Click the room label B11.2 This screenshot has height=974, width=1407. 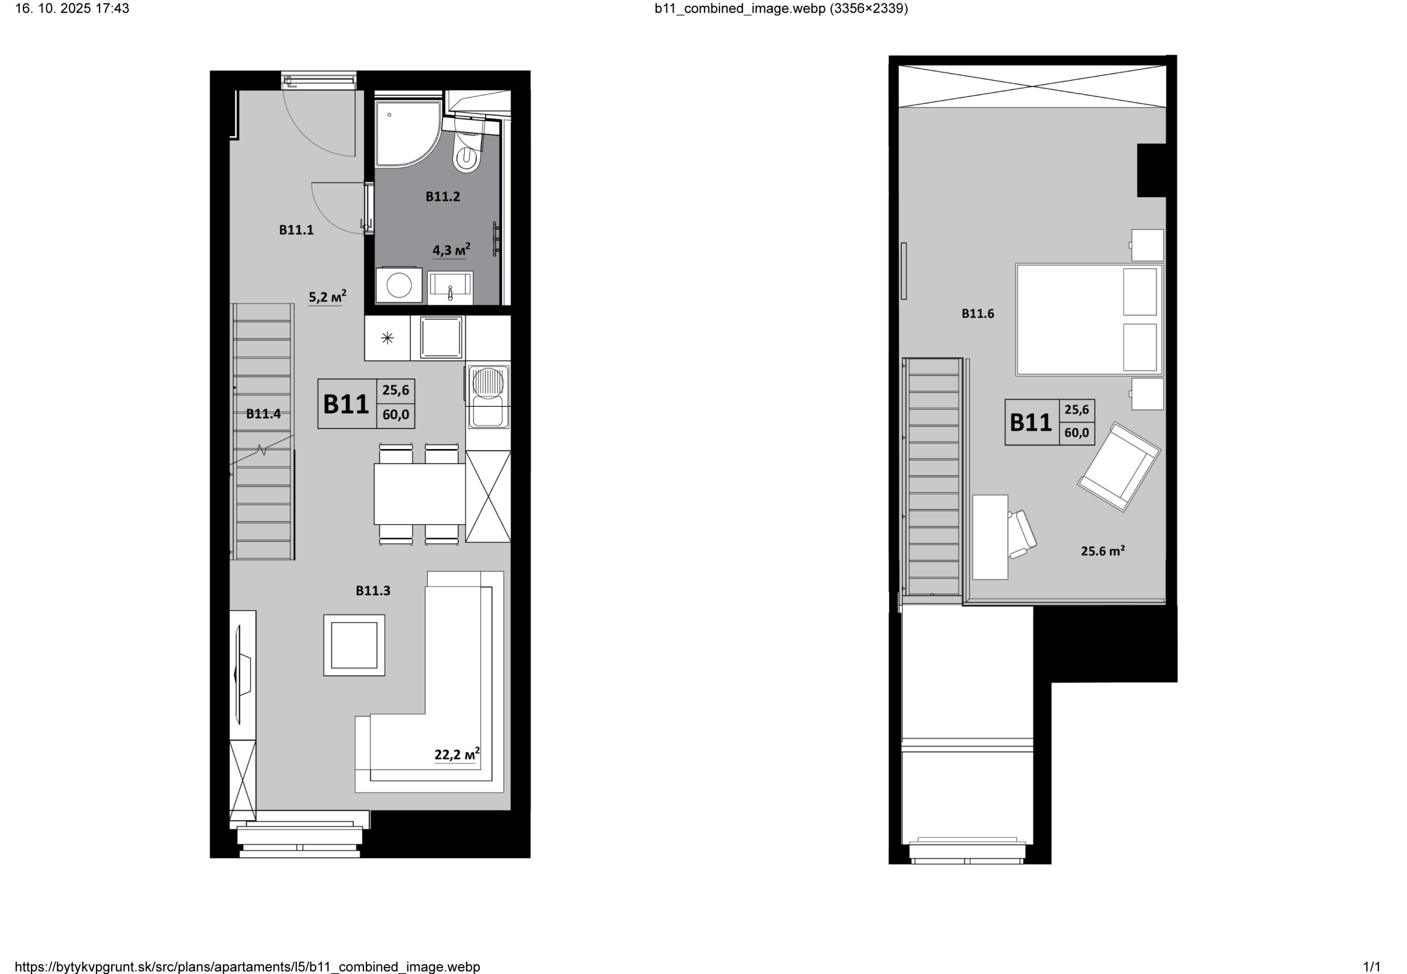(x=442, y=197)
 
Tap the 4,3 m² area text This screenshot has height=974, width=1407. (x=451, y=249)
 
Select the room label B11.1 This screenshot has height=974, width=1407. (x=296, y=230)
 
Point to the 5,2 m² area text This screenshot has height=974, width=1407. (x=327, y=297)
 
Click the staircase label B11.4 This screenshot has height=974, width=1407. (x=263, y=414)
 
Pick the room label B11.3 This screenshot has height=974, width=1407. (x=373, y=591)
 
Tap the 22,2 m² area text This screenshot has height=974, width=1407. (x=457, y=754)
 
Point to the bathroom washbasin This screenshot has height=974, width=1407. (x=450, y=287)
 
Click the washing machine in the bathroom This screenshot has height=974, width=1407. (x=399, y=285)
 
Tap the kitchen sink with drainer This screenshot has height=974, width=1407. (x=488, y=397)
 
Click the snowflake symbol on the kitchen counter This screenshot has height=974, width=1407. (x=387, y=338)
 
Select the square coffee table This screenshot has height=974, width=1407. (x=354, y=645)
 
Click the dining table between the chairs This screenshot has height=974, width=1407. (x=420, y=493)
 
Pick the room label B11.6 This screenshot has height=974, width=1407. (x=977, y=314)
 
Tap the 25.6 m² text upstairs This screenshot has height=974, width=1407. (x=1103, y=551)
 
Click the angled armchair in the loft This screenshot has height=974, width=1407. (x=1119, y=467)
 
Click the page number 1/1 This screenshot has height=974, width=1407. (x=1372, y=966)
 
